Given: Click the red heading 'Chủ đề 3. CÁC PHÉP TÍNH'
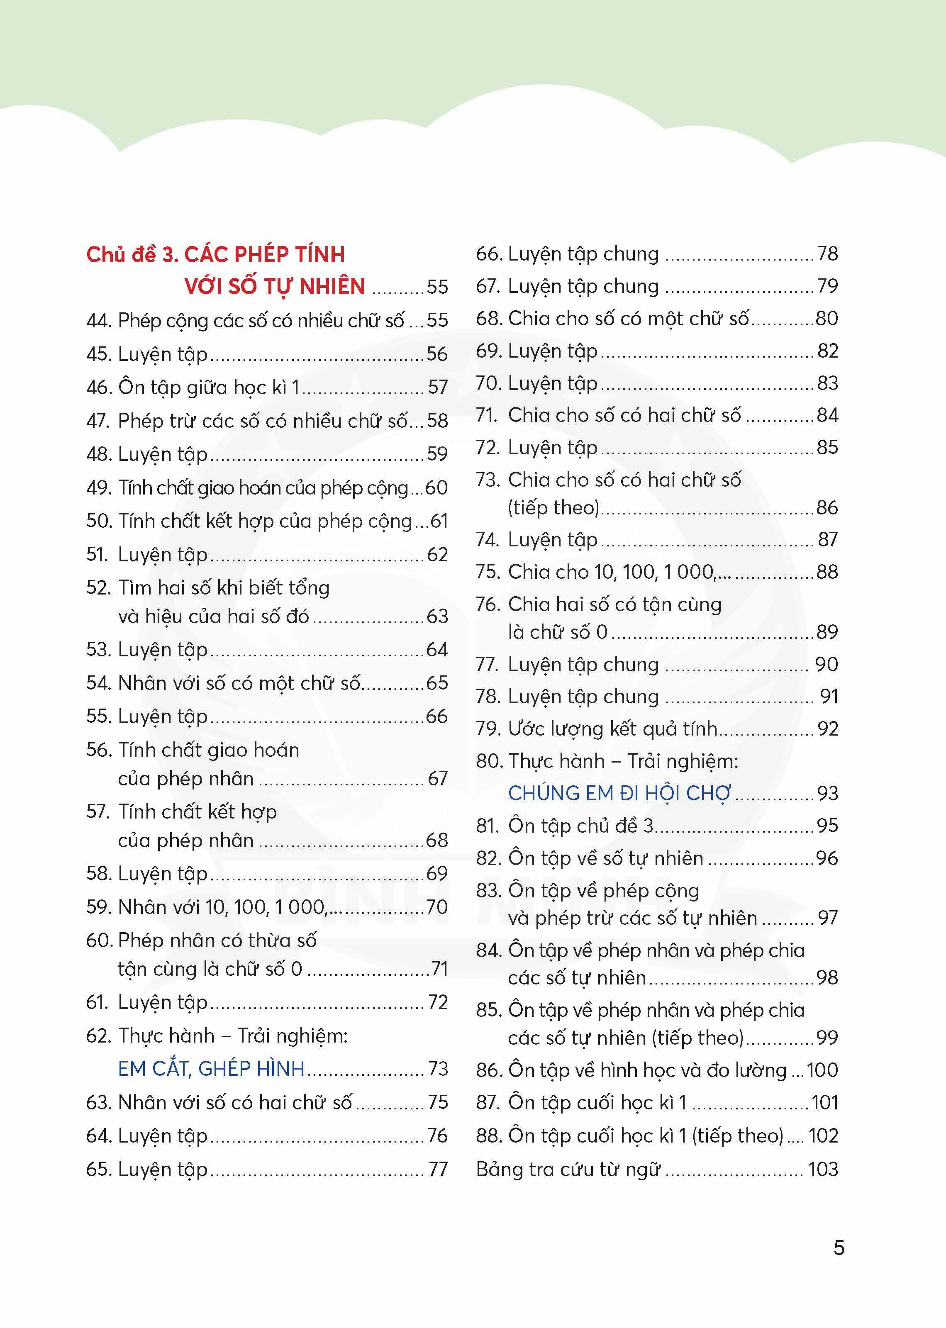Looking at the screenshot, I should pyautogui.click(x=215, y=255).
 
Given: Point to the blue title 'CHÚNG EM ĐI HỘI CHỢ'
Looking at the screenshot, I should pyautogui.click(x=619, y=793).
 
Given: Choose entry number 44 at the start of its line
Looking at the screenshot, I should pyautogui.click(x=100, y=320).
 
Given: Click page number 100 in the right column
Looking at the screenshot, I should pyautogui.click(x=822, y=1070).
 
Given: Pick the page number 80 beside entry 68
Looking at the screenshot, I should pyautogui.click(x=827, y=319).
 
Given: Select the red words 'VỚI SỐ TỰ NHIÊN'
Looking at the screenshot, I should pyautogui.click(x=275, y=287).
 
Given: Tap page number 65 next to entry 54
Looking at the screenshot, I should pyautogui.click(x=437, y=682).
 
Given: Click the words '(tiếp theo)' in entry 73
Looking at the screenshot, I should pyautogui.click(x=553, y=508).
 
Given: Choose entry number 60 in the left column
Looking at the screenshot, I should pyautogui.click(x=100, y=941).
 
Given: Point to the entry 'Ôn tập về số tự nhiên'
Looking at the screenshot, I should pyautogui.click(x=606, y=858).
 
